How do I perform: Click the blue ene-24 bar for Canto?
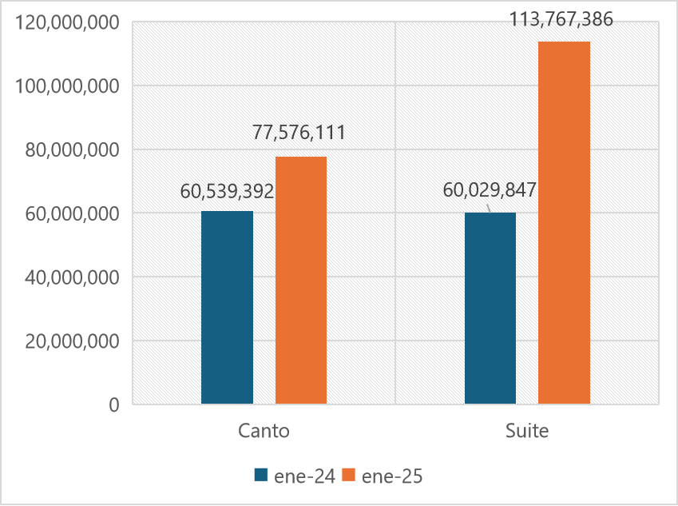pos(227,308)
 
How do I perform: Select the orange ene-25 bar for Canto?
pos(301,280)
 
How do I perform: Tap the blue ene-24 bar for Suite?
pos(490,309)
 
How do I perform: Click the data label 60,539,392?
pos(227,192)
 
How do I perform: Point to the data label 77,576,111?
pos(299,133)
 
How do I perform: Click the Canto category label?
pos(264,431)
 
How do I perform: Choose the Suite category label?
pos(527,431)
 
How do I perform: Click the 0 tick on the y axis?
pos(114,404)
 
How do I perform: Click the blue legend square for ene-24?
pos(260,475)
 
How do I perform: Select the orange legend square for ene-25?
pos(348,475)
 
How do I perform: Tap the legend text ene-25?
pos(391,476)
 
